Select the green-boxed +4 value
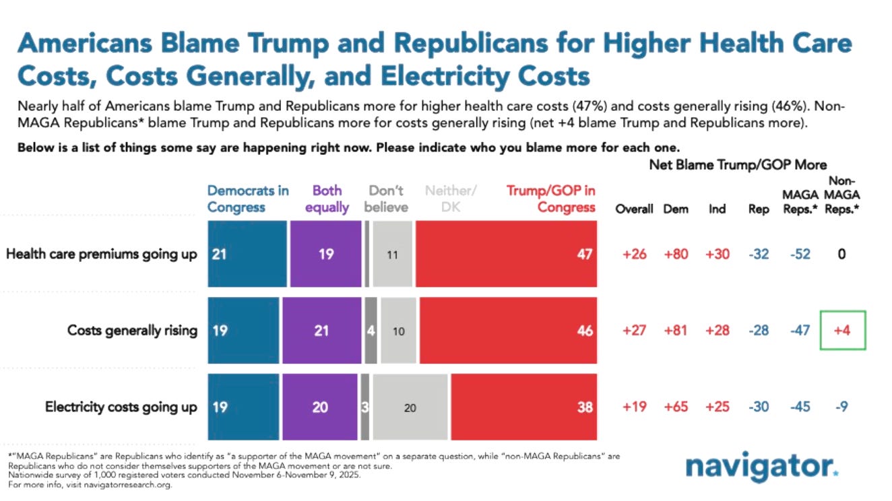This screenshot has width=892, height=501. (841, 330)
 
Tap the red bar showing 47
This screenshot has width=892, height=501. (506, 254)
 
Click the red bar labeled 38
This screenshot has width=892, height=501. (523, 406)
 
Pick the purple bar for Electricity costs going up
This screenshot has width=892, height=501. (320, 406)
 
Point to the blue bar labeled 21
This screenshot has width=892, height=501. (247, 254)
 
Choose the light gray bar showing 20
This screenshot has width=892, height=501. (410, 406)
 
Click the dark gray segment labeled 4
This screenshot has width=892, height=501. (371, 330)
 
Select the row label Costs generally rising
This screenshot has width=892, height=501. (132, 330)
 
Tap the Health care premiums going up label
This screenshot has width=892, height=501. (102, 254)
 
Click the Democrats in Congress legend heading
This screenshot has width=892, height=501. (248, 199)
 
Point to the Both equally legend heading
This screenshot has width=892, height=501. (327, 199)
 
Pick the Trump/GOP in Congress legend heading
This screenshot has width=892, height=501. (551, 199)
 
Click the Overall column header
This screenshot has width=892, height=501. (634, 209)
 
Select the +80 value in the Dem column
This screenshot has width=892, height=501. (676, 255)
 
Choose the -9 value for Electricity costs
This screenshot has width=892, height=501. (841, 407)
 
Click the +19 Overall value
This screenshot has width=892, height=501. (634, 407)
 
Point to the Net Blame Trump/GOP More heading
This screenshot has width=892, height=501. (738, 165)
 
